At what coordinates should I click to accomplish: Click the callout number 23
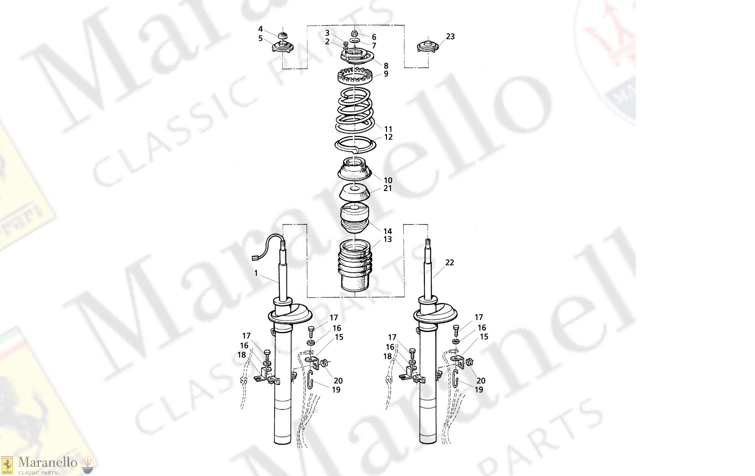450,37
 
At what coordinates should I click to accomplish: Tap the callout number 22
449,263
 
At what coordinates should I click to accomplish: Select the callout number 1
256,273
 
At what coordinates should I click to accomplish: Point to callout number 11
388,129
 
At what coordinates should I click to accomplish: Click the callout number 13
388,239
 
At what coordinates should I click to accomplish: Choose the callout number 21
388,189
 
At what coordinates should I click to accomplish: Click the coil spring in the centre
355,110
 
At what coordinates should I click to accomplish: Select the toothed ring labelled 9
355,77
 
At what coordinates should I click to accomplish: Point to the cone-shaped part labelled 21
354,193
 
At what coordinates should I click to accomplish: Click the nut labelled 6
354,33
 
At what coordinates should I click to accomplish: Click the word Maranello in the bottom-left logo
48,462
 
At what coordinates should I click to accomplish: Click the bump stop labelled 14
354,218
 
